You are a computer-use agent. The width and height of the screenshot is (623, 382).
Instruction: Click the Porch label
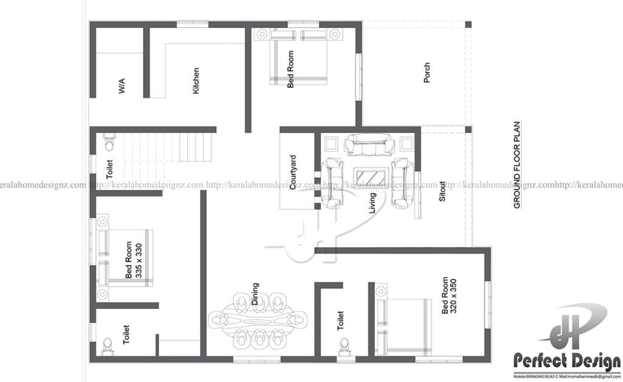point(426,73)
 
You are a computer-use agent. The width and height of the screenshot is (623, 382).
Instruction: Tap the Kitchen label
point(195,80)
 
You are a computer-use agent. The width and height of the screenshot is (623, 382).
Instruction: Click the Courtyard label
point(293,172)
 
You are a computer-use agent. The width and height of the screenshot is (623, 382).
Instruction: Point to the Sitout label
point(442,191)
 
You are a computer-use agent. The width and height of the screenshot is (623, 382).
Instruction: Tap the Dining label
point(255,294)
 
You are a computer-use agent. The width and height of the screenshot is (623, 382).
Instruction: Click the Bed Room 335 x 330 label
point(133,261)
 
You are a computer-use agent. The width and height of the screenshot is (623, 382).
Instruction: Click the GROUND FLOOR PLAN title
point(517,164)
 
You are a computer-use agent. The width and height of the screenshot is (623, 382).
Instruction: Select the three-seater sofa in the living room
point(369,146)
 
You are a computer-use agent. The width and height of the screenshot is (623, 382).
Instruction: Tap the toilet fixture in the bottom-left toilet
point(108,345)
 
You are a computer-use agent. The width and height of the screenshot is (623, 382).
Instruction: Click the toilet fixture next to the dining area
point(344,344)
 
